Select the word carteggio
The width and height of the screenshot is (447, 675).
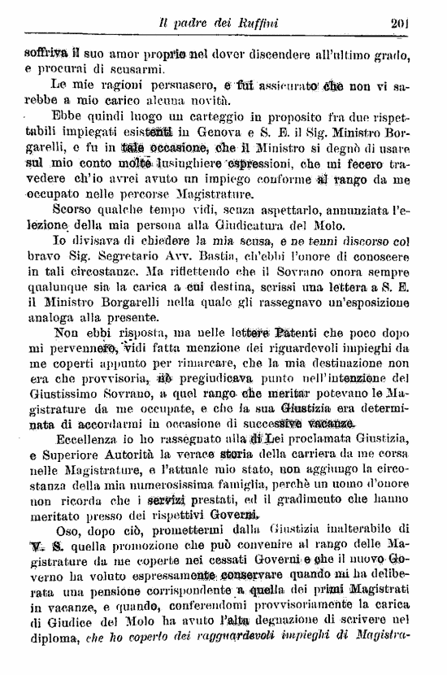(x=192, y=114)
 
